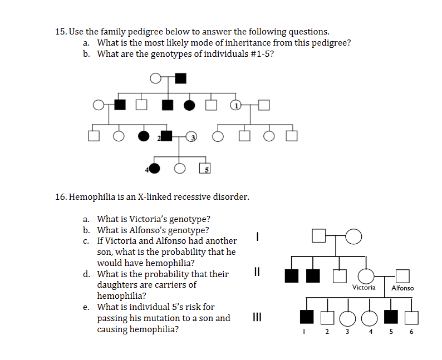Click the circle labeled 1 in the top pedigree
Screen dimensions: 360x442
coord(237,105)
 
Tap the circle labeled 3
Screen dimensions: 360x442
coord(191,136)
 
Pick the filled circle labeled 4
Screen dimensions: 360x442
coord(155,168)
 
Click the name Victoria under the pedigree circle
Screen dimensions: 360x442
coord(364,288)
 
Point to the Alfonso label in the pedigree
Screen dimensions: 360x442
coord(402,288)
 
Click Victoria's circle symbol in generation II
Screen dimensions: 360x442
coord(366,275)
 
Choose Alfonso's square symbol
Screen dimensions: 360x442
coord(402,275)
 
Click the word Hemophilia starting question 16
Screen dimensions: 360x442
coord(94,197)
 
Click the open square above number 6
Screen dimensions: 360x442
coord(411,317)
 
